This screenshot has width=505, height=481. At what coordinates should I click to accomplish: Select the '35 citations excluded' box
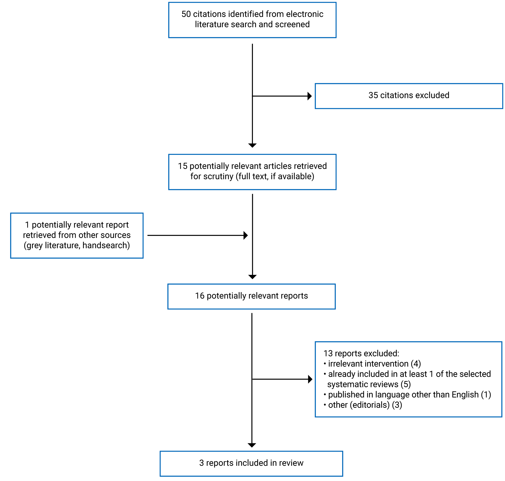point(409,96)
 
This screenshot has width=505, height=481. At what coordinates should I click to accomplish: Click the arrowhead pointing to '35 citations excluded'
point(310,96)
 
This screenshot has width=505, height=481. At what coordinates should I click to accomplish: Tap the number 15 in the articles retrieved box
point(183,166)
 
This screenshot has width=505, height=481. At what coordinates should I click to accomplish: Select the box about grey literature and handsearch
point(77,235)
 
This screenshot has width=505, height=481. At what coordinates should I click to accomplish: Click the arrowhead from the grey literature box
point(246,235)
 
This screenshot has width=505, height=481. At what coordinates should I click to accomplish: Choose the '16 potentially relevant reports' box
point(251,296)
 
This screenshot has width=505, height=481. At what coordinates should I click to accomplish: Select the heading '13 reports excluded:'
point(361,353)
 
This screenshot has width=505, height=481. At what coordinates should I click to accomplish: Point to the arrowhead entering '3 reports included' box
point(252,445)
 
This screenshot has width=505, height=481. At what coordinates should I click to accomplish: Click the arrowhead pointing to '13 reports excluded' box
point(310,379)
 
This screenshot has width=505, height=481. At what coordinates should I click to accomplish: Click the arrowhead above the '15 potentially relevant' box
point(252,145)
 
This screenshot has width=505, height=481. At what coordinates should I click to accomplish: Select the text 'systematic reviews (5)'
point(369,384)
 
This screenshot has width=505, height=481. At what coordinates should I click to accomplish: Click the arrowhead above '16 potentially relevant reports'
point(252,277)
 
